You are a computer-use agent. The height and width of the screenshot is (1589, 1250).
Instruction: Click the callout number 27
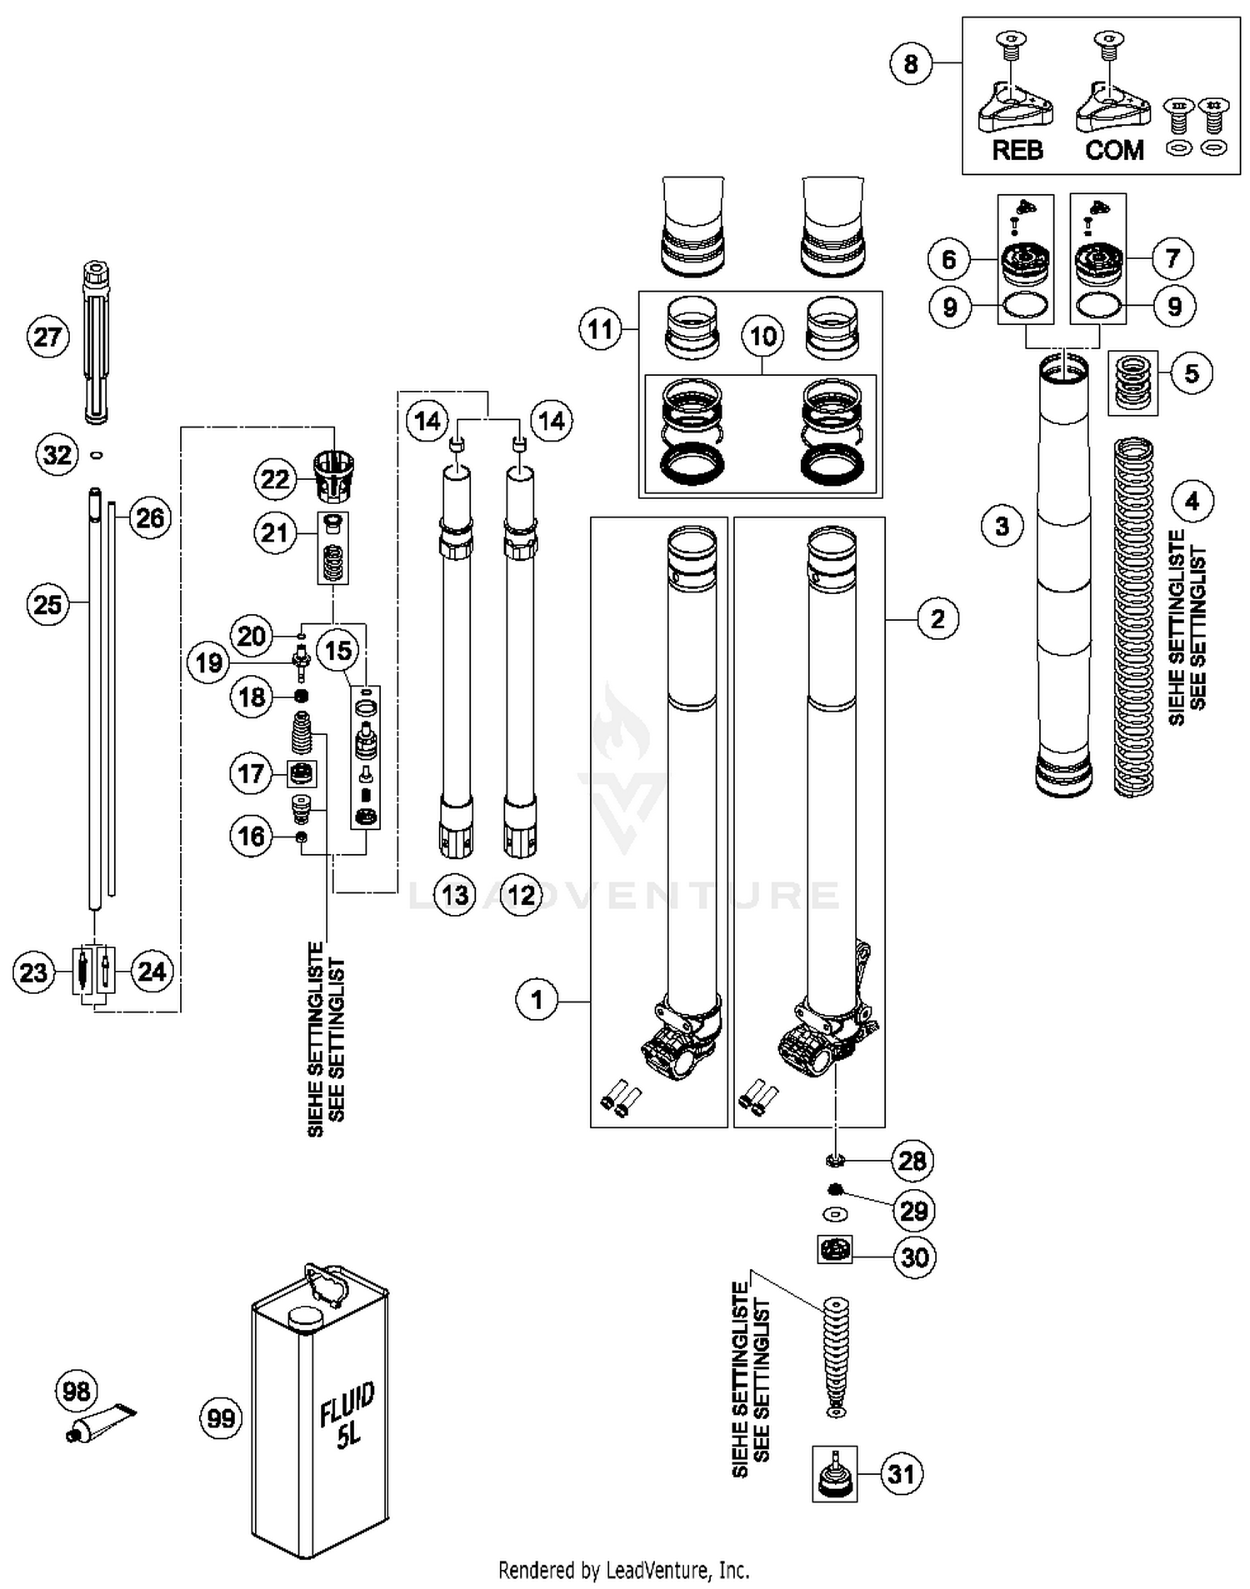[x=47, y=337]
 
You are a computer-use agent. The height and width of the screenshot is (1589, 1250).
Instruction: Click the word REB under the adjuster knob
[x=1017, y=150]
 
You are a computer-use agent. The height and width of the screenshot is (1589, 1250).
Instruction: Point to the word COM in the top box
[x=1114, y=150]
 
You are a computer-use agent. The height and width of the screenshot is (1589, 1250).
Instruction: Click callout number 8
[x=910, y=63]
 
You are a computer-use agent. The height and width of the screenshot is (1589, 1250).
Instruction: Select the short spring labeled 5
[x=1132, y=382]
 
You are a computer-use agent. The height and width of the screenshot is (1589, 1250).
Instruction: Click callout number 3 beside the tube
[x=1002, y=526]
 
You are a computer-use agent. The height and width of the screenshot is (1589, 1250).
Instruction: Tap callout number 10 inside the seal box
[x=763, y=336]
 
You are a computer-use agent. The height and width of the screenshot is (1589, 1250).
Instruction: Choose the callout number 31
[x=901, y=1474]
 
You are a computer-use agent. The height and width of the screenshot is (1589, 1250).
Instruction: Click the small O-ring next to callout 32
[x=97, y=455]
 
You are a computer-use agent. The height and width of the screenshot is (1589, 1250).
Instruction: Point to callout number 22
[x=275, y=479]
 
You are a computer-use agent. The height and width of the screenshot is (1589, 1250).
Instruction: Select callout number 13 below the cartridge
[x=455, y=895]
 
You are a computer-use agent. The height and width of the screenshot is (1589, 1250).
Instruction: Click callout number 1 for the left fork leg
[x=537, y=999]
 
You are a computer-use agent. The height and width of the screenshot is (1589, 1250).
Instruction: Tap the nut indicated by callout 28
[x=834, y=1159]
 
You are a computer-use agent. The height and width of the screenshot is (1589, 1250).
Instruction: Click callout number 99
[x=221, y=1417]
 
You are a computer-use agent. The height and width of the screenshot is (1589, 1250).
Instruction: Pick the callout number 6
[x=948, y=259]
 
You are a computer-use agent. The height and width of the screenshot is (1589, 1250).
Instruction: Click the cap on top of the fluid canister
[x=305, y=1317]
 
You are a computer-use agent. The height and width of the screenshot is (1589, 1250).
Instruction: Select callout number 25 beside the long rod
[x=47, y=603]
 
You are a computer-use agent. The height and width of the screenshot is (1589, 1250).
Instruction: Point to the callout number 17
[x=251, y=774]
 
